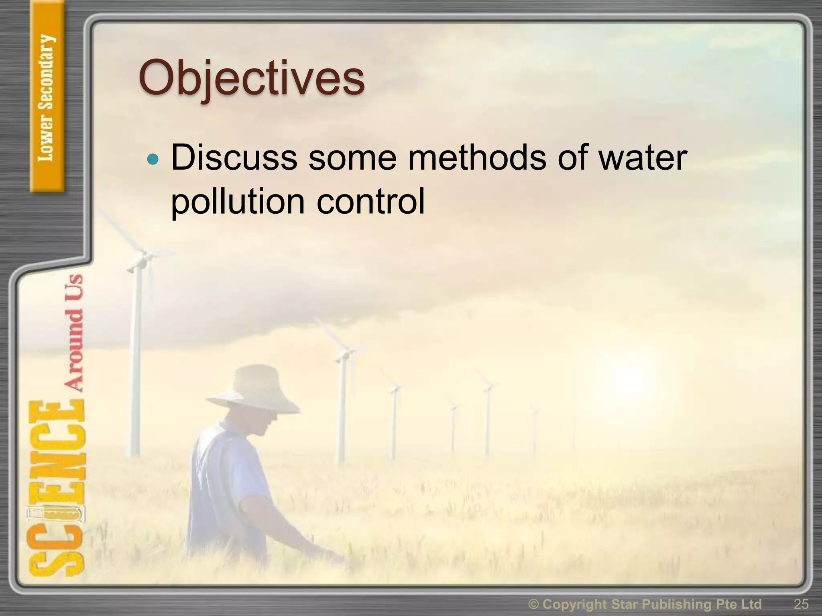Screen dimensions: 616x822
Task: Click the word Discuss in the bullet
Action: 234,158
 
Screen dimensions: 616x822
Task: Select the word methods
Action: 477,158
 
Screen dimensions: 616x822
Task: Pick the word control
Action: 370,201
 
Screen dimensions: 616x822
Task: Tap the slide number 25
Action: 801,604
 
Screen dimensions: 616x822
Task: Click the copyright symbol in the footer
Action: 533,604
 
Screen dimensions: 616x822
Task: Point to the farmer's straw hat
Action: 253,387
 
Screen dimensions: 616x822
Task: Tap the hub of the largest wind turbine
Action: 141,257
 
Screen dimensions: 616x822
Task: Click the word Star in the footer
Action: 625,604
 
